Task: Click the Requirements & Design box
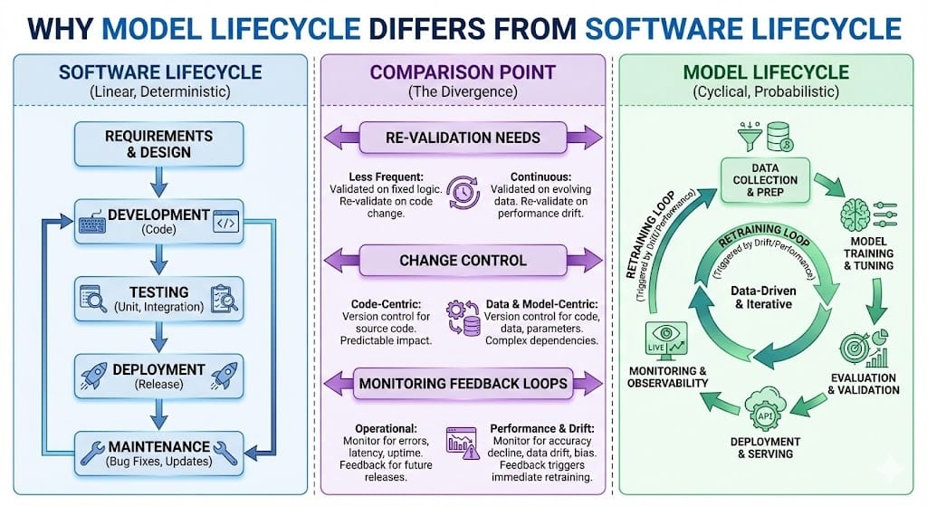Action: (159, 144)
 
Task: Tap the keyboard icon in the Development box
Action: (92, 224)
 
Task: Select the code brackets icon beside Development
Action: (226, 223)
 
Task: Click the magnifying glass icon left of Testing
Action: (93, 299)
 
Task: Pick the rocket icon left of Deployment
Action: (93, 376)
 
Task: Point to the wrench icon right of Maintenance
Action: (226, 453)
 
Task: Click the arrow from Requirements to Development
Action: (158, 181)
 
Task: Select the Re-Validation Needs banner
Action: (463, 138)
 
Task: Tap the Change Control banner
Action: (463, 261)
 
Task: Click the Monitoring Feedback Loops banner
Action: (463, 383)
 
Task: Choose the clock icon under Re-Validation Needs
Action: (463, 193)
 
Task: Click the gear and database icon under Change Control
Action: (463, 318)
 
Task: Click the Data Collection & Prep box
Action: (765, 180)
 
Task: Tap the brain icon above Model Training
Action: (855, 214)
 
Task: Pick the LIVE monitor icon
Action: (665, 341)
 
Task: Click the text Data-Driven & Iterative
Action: (763, 297)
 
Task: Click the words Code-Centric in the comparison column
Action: (386, 304)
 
